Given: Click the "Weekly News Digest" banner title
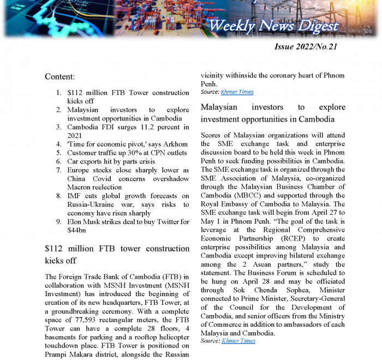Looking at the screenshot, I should click(x=273, y=25).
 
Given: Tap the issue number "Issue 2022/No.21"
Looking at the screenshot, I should click(x=306, y=46).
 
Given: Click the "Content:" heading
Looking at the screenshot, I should click(x=60, y=77).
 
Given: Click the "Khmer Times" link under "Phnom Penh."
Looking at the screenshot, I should click(x=237, y=92).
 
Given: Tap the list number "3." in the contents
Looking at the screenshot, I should click(x=58, y=127).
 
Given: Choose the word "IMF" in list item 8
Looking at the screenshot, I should click(x=74, y=196).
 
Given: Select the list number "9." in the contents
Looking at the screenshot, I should click(x=58, y=222).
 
